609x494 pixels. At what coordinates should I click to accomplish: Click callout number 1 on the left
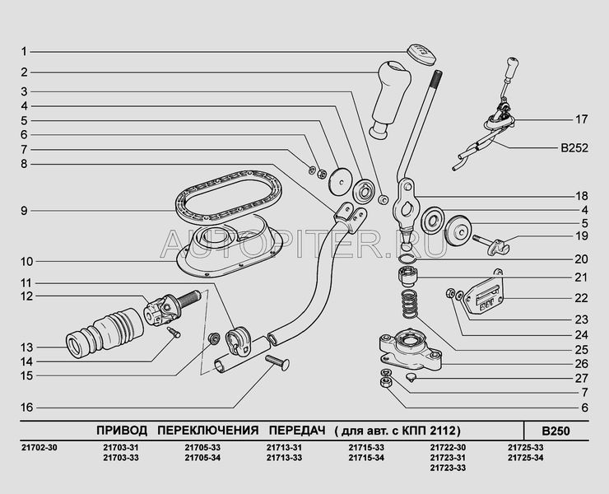(25, 51)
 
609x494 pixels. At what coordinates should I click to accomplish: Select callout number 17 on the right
(581, 119)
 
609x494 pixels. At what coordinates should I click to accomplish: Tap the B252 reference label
(575, 150)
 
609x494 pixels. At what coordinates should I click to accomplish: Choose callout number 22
(581, 297)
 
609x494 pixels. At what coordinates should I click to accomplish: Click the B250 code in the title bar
(556, 431)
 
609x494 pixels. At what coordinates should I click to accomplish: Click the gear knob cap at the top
(421, 51)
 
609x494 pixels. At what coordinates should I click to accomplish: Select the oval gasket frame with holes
(229, 195)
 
